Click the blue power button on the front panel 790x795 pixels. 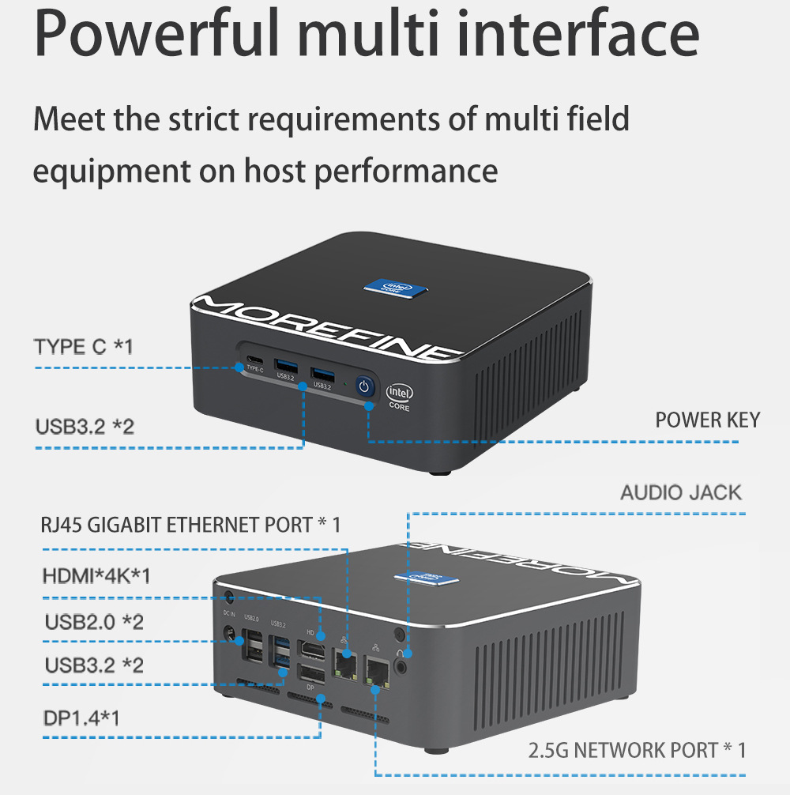[363, 386]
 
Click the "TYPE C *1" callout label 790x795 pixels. [83, 346]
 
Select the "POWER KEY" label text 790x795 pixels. [707, 420]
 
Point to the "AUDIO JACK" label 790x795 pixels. [681, 492]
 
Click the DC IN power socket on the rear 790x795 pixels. [231, 632]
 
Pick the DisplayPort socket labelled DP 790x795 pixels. [310, 674]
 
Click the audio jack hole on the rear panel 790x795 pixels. [404, 665]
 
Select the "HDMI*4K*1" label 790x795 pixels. [96, 576]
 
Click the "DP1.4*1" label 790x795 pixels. [82, 718]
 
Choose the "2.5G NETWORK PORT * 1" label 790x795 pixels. [637, 750]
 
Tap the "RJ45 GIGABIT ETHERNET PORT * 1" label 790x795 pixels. [190, 525]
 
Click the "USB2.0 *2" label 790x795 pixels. [94, 622]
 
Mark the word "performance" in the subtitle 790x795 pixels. [406, 171]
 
